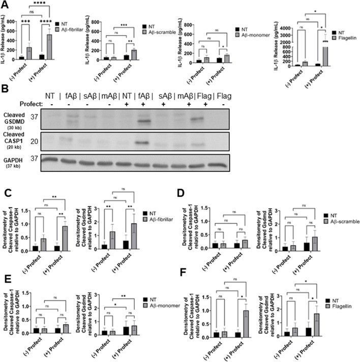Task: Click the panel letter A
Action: click(5, 5)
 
